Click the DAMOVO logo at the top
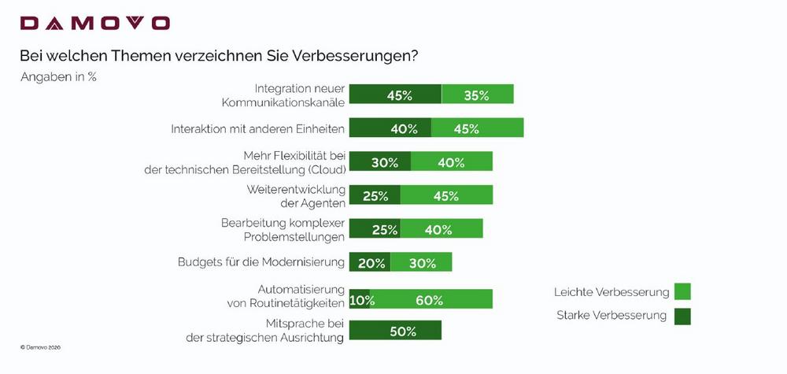tap(94, 24)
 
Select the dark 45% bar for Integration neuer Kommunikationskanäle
tap(395, 94)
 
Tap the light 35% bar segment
tap(477, 94)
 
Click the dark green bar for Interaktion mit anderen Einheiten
tap(390, 128)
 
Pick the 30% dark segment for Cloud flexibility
tap(379, 162)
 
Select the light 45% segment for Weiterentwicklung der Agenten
tap(446, 196)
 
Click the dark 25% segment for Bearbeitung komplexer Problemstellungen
tap(375, 229)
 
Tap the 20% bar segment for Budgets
tap(369, 263)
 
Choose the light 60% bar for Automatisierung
tap(431, 299)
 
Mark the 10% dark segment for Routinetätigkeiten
tap(359, 299)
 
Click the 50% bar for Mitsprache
tap(395, 331)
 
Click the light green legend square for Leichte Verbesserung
tap(682, 292)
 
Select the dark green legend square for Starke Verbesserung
tap(682, 316)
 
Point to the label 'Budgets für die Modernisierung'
tap(261, 262)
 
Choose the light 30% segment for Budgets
tap(421, 263)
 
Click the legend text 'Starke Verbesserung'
tap(611, 316)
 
